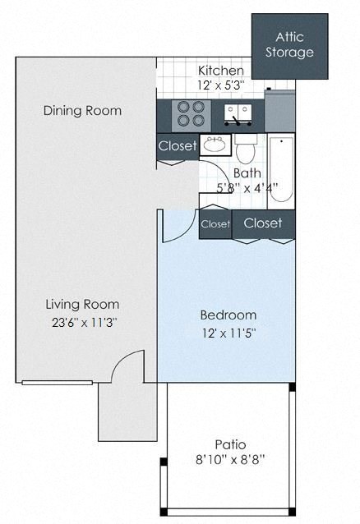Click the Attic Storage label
tap(289, 45)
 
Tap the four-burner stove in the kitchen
tap(190, 113)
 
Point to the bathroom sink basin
tap(215, 146)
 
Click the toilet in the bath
tap(247, 149)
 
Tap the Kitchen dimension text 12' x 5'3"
tap(220, 85)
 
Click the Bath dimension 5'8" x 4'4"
tap(247, 187)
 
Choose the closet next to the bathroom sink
tap(177, 146)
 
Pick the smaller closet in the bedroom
tap(215, 223)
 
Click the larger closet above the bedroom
tap(263, 223)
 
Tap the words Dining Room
tap(82, 111)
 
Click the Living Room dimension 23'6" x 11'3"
tap(82, 323)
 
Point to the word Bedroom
tap(228, 315)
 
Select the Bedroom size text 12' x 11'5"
tap(228, 333)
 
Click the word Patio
tap(228, 444)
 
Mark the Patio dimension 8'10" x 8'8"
tap(228, 462)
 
